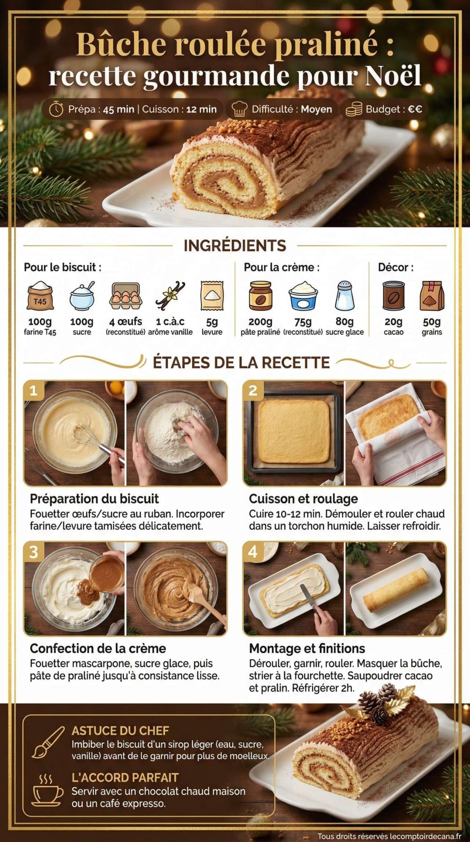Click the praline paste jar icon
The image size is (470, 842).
(x=260, y=295)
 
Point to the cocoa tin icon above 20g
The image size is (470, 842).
(x=394, y=295)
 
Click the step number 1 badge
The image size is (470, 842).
(x=33, y=390)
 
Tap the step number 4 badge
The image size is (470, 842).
(x=252, y=551)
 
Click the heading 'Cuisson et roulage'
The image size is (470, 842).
(x=303, y=499)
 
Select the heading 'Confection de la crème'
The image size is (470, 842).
(x=98, y=648)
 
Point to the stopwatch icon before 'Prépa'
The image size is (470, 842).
(x=56, y=109)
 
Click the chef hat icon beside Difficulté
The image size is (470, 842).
(x=239, y=109)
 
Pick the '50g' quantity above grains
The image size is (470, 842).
(x=431, y=322)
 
